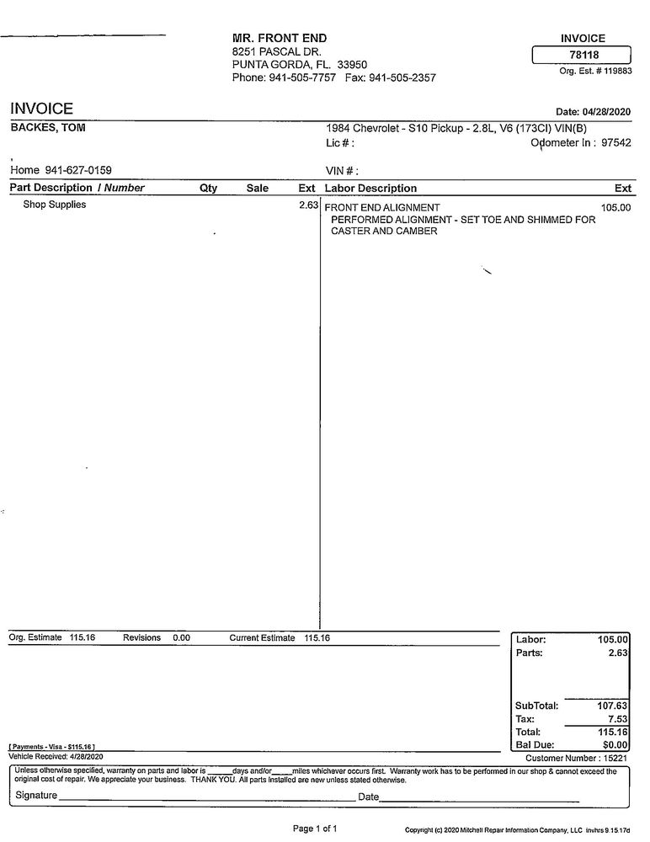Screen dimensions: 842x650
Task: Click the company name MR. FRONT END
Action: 280,38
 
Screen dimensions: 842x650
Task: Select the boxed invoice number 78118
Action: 583,56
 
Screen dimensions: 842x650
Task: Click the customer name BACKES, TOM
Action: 47,128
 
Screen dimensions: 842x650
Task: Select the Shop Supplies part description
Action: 55,205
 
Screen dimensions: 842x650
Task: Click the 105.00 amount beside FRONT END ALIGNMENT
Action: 615,207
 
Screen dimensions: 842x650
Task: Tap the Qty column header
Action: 208,189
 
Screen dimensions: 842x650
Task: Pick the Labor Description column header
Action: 370,189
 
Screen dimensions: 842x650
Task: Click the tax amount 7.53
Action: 618,719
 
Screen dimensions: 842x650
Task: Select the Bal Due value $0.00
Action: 615,744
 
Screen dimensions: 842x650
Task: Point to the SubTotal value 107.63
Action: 613,706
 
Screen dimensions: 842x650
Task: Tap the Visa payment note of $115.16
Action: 52,747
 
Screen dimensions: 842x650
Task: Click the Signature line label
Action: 37,796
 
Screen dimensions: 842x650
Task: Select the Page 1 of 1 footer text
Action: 315,829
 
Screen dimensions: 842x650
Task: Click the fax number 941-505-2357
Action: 402,77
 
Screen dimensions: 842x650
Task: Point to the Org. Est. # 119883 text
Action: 595,72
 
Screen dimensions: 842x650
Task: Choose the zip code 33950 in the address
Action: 352,64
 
